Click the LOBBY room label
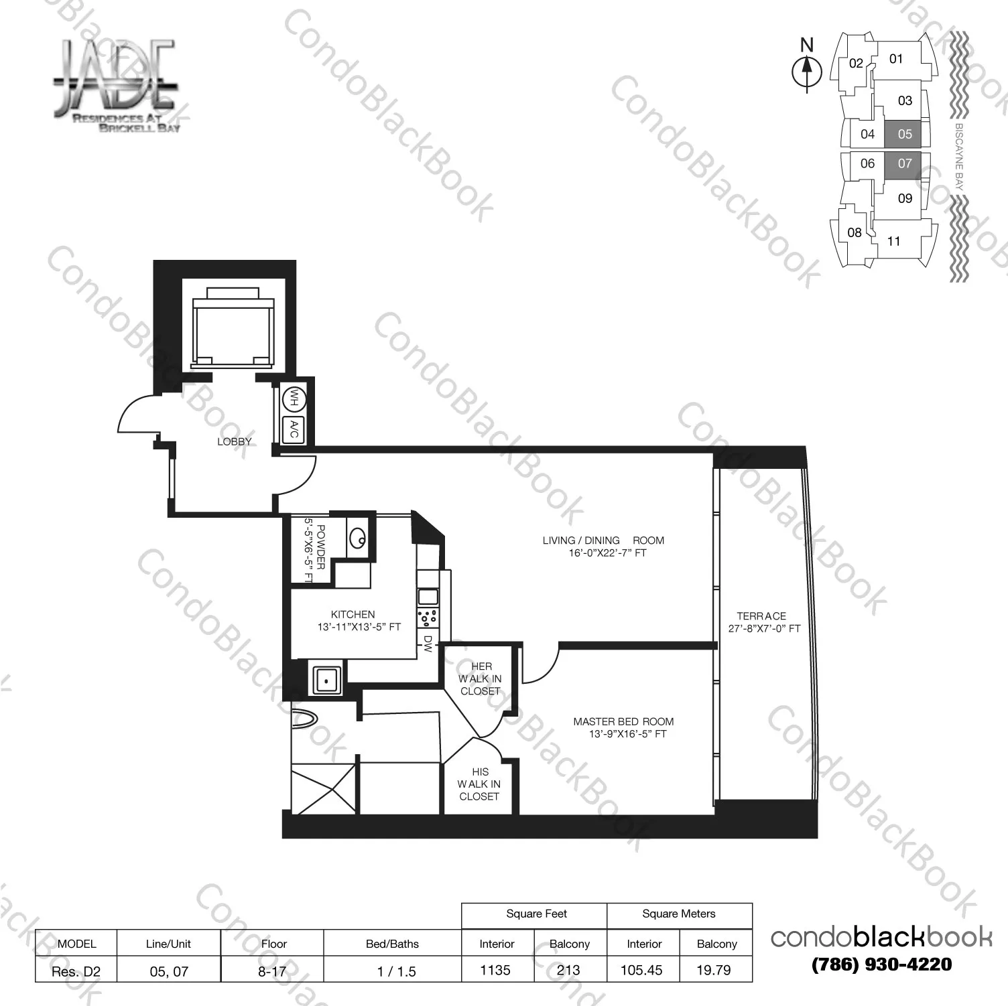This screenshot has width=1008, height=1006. point(234,441)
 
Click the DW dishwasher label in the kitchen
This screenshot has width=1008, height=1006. point(427,644)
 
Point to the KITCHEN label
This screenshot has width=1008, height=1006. point(353,614)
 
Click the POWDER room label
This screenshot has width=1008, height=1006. point(320,547)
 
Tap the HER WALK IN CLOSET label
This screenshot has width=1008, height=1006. point(481,678)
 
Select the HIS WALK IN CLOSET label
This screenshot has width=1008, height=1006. point(479,784)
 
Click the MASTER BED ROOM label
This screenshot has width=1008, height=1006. point(623,721)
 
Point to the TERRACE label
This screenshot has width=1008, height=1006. point(761,616)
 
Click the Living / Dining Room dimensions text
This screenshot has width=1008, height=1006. point(603,553)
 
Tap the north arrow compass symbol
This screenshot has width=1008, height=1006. point(807,69)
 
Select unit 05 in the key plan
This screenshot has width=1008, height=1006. point(905,134)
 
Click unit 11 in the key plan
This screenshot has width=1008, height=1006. point(894,241)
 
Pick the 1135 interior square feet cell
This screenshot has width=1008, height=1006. point(496,970)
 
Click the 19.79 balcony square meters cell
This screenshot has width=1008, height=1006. point(714,970)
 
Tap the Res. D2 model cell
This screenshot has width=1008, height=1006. point(76,971)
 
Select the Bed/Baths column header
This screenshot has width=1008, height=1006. point(392,944)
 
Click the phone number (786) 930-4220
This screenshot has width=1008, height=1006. point(881,964)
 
